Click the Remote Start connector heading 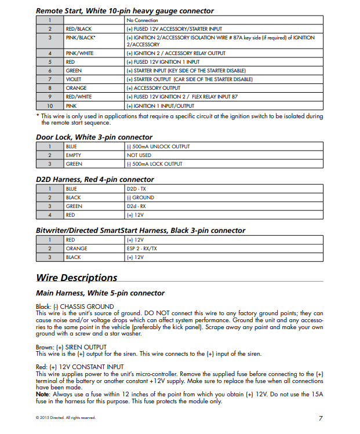pyautogui.click(x=125, y=11)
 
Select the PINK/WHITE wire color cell pyautogui.click(x=80, y=53)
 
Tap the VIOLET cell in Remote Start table pyautogui.click(x=74, y=79)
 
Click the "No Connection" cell pyautogui.click(x=142, y=20)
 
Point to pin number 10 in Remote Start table pyautogui.click(x=50, y=106)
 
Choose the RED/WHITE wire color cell pyautogui.click(x=79, y=97)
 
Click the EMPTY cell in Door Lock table pyautogui.click(x=74, y=155)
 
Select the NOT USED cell pyautogui.click(x=139, y=155)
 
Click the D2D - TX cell pyautogui.click(x=137, y=189)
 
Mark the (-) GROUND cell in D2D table pyautogui.click(x=140, y=198)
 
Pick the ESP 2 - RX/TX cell pyautogui.click(x=141, y=249)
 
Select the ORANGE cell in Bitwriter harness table pyautogui.click(x=77, y=249)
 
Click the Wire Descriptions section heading pyautogui.click(x=77, y=278)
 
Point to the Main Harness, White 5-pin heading pyautogui.click(x=100, y=293)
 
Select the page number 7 pyautogui.click(x=321, y=418)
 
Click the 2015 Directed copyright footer pyautogui.click(x=66, y=418)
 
